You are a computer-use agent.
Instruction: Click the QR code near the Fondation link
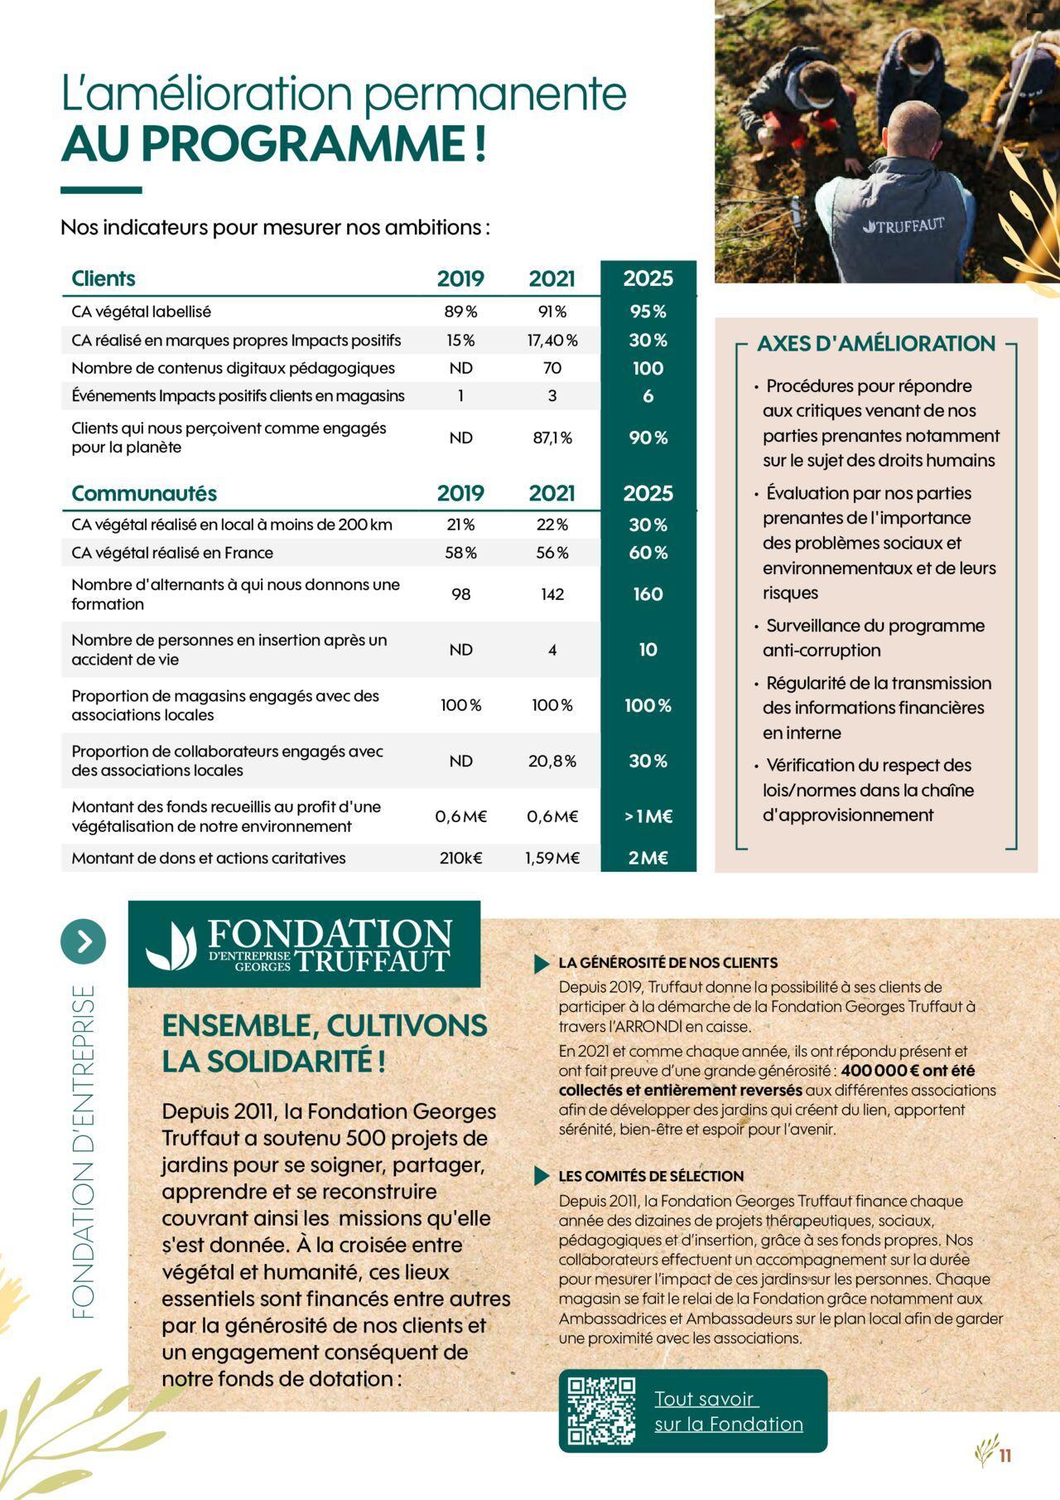[601, 1410]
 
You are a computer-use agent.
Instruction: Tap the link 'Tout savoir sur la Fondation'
[728, 1411]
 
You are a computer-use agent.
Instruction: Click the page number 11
[1005, 1455]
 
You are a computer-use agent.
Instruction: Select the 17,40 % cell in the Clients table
[552, 341]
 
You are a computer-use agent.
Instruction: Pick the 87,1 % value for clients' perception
[552, 438]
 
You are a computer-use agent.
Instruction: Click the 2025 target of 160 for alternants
[648, 594]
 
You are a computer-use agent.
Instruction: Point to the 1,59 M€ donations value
[552, 858]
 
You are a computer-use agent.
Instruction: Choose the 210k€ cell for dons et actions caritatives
[460, 858]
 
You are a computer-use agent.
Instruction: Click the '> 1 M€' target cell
[648, 816]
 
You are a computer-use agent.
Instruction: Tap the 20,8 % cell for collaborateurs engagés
[552, 761]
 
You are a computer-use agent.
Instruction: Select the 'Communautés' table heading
[144, 493]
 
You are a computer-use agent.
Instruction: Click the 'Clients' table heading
[104, 278]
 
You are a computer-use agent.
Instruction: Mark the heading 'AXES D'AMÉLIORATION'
[875, 344]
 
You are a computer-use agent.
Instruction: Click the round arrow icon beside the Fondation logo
[84, 941]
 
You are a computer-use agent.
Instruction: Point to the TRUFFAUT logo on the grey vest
[903, 225]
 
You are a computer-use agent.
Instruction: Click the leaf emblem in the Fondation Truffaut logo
[171, 946]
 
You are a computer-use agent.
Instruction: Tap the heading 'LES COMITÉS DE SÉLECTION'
[651, 1176]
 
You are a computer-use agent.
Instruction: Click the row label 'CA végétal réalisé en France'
[172, 553]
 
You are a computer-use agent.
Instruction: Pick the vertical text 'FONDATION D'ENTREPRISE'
[84, 1151]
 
